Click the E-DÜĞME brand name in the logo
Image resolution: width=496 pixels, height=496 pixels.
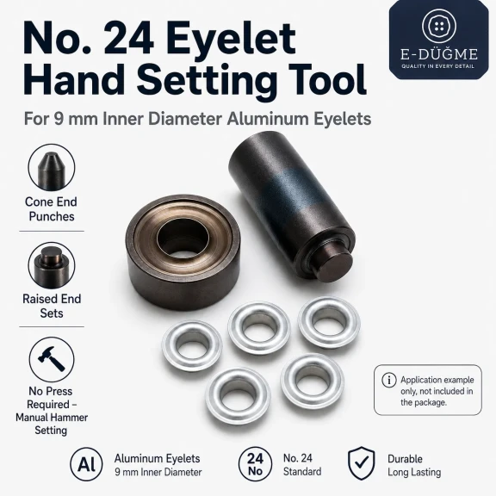(439, 54)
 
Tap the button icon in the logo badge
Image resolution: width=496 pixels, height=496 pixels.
(439, 26)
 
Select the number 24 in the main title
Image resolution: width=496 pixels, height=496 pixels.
(129, 39)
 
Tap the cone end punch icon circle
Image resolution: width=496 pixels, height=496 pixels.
(52, 168)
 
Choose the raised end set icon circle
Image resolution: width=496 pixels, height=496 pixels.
(52, 265)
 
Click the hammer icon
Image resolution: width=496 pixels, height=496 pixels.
(52, 358)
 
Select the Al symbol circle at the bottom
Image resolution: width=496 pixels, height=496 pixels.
(86, 464)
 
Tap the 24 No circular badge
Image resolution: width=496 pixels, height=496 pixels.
(255, 464)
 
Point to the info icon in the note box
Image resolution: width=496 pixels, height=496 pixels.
(389, 380)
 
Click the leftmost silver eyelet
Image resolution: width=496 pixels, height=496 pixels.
(192, 345)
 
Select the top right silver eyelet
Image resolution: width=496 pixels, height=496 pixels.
(329, 322)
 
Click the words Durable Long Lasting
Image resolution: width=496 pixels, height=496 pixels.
(414, 465)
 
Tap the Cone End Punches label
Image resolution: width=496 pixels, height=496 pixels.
(52, 209)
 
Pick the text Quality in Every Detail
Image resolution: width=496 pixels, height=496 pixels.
(438, 66)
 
